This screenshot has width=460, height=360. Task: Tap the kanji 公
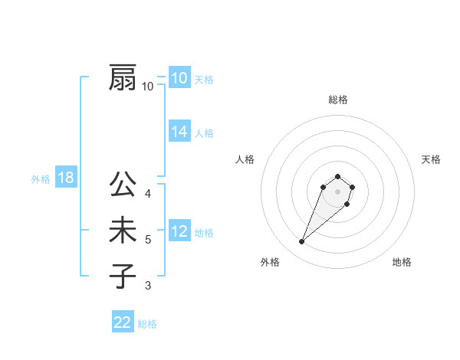123,185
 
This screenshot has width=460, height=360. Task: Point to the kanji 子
123,276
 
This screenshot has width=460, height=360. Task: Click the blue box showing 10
179,78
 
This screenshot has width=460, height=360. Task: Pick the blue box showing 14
179,132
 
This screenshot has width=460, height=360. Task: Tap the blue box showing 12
179,231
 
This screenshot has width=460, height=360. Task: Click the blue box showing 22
123,322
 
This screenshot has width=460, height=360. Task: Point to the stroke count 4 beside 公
148,193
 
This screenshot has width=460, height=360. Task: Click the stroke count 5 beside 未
148,240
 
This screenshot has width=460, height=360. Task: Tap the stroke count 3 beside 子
148,286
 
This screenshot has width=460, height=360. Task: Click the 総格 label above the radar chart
337,100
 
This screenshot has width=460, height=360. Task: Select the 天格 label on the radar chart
431,159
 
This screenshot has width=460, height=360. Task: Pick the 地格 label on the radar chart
402,262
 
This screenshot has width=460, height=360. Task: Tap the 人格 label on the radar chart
245,159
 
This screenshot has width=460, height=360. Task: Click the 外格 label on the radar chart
270,262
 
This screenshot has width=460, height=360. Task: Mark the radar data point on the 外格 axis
302,242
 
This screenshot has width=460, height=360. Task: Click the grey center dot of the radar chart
337,191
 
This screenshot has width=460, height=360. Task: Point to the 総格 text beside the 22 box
147,324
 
